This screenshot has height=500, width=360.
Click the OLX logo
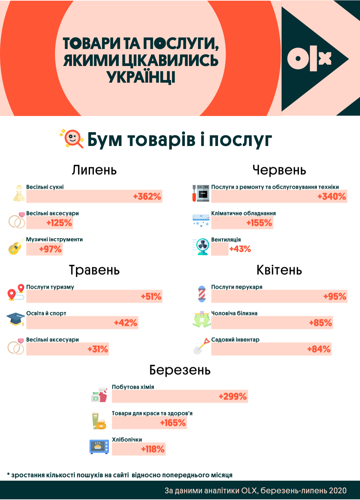coord(309,59)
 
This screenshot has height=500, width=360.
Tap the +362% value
coord(147,196)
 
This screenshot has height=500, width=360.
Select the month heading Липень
coord(94,170)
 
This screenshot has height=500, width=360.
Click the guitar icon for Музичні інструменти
coord(16,247)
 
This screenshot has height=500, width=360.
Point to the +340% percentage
coord(332,196)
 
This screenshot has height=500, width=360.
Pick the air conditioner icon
coord(201,220)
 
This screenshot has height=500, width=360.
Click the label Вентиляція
coord(226,240)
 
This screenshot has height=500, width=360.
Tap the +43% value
coord(240,249)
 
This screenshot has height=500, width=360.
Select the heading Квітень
coord(279,270)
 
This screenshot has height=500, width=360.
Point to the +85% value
coord(320,323)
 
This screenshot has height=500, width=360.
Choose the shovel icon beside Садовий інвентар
coord(201,346)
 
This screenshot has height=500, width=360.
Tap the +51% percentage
coord(151,296)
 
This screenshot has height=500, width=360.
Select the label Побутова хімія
coord(133,387)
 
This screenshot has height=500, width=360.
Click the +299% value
coord(233,396)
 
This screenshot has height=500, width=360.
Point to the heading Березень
coord(180,370)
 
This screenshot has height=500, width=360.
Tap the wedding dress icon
coord(19,193)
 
